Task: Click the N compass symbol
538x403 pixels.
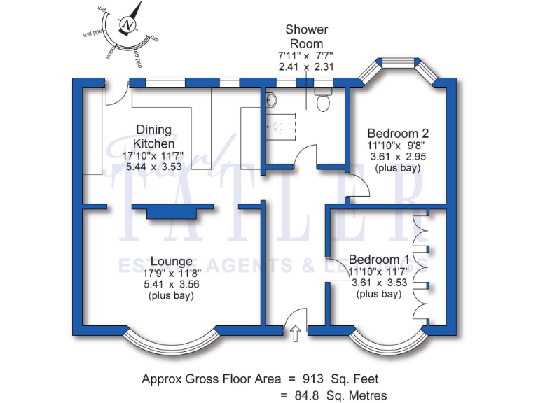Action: pyautogui.click(x=128, y=24)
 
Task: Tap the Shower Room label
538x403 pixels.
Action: pyautogui.click(x=306, y=36)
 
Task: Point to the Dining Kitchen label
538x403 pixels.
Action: pyautogui.click(x=153, y=136)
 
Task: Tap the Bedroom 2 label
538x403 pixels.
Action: pyautogui.click(x=398, y=134)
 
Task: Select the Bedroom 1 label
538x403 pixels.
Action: pyautogui.click(x=378, y=257)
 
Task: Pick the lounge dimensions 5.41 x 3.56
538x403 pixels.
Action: pyautogui.click(x=168, y=285)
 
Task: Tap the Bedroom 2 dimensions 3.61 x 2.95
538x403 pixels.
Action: pyautogui.click(x=398, y=157)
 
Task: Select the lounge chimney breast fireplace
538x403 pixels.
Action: pyautogui.click(x=172, y=211)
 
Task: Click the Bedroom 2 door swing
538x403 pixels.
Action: pyautogui.click(x=357, y=186)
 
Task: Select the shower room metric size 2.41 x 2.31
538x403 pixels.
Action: pyautogui.click(x=306, y=68)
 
